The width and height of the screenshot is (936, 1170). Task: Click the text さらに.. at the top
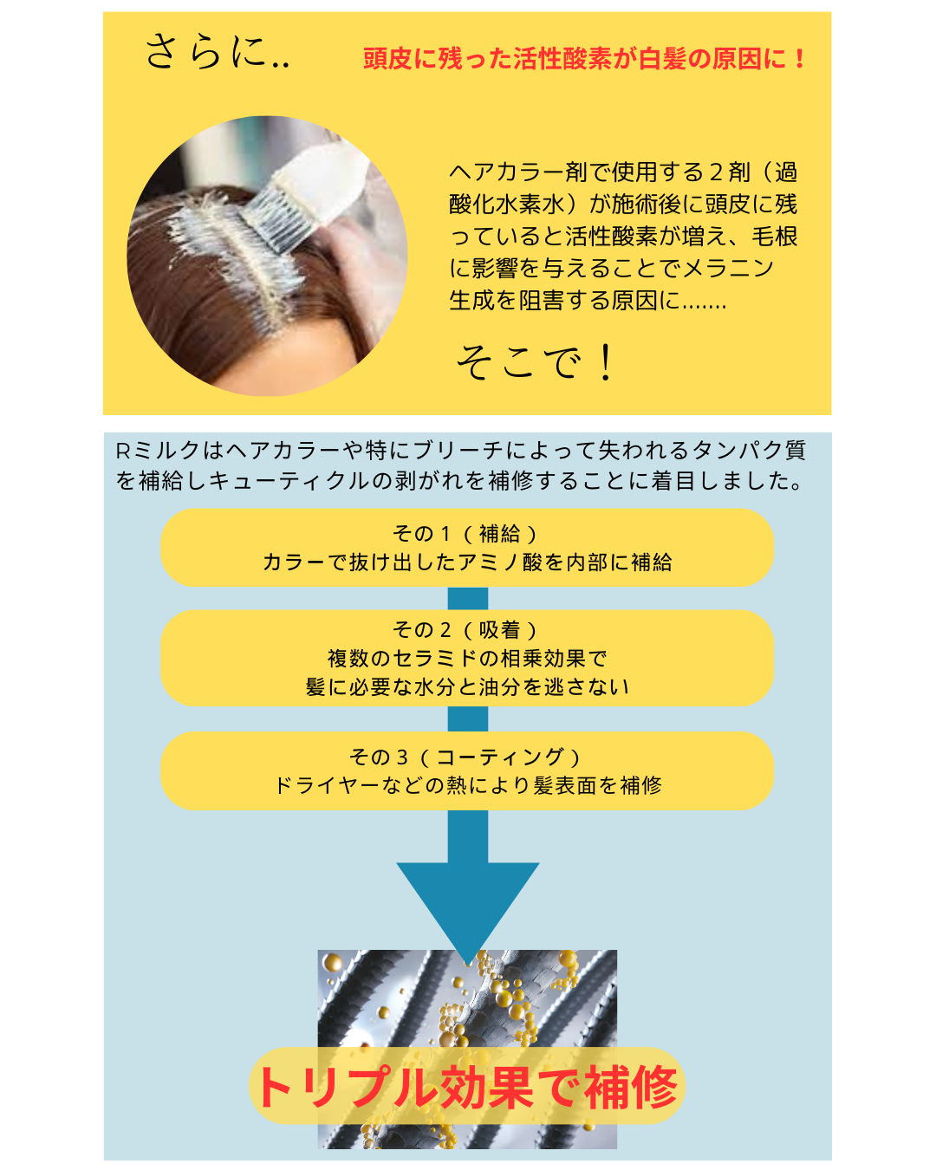[217, 52]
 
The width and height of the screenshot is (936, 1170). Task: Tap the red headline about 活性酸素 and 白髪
[585, 59]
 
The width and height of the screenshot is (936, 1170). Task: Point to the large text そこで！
[535, 361]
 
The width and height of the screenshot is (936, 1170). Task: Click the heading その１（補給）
[466, 534]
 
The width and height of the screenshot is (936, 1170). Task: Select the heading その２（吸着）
[466, 630]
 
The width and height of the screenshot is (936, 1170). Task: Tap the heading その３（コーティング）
[466, 757]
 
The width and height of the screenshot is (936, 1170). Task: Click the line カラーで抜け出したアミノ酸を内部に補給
[467, 562]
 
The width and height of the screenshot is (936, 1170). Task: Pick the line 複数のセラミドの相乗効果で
[467, 659]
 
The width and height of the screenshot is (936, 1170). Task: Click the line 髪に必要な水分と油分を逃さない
[467, 687]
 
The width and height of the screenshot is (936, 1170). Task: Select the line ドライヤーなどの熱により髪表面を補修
[467, 785]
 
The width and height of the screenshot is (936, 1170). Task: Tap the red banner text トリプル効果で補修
[467, 1087]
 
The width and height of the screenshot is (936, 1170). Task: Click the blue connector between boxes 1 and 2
[468, 598]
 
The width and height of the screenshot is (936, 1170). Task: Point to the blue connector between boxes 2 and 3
[468, 718]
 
